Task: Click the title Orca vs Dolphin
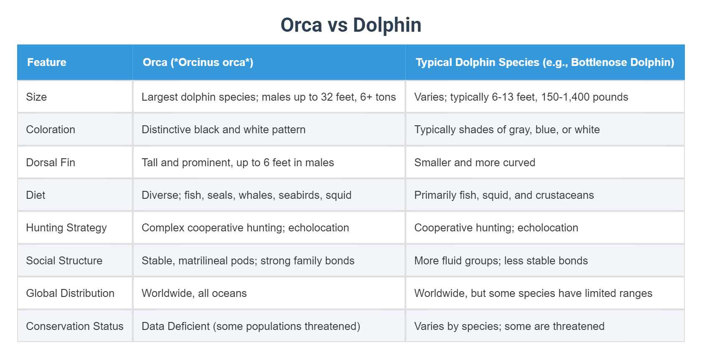pos(351,25)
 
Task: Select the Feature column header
pos(46,62)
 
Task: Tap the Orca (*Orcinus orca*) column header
pos(198,62)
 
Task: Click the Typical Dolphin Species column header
pos(544,62)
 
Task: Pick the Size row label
pos(36,97)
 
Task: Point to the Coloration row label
pos(51,129)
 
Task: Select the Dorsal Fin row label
pos(51,162)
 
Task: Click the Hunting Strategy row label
pos(66,228)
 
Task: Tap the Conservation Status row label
pos(75,326)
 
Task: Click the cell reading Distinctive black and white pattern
pos(224,129)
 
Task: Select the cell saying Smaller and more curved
pos(475,162)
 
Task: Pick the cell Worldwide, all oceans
pos(194,293)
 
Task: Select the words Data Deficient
pos(175,326)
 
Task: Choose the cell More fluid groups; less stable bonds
pos(501,261)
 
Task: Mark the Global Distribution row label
pos(70,293)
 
